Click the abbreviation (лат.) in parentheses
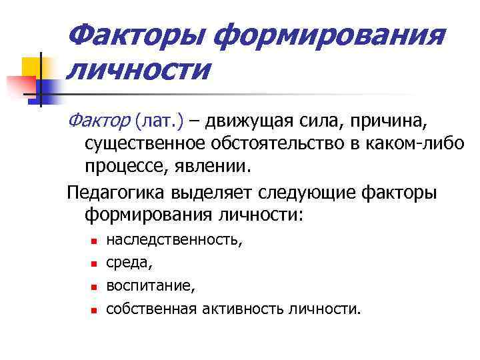tap(157, 122)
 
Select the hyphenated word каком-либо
tap(419, 144)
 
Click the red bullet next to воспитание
tap(93, 287)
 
